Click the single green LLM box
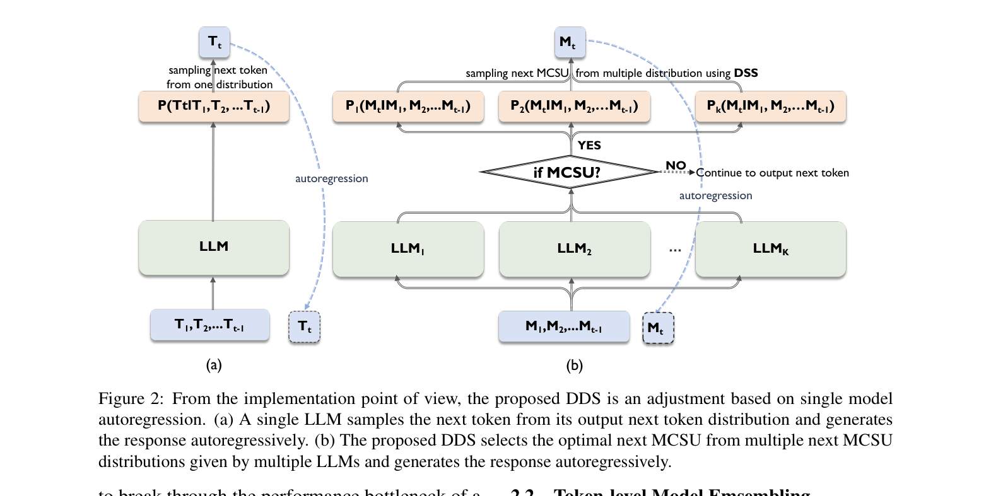(x=214, y=247)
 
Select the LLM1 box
(x=408, y=249)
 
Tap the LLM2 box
(x=574, y=249)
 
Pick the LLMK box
(x=770, y=249)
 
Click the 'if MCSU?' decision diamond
(x=568, y=172)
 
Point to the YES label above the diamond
(x=589, y=145)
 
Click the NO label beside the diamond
(x=676, y=165)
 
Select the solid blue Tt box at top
(x=214, y=42)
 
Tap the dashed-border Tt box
(x=305, y=326)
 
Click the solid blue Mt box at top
(x=570, y=42)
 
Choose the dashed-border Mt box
(x=658, y=328)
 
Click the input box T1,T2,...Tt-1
(x=210, y=325)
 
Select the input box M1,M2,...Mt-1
(x=564, y=326)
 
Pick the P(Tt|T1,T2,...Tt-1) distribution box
(x=214, y=106)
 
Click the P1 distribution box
(x=408, y=106)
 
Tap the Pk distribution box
(x=770, y=106)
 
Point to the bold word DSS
(x=746, y=73)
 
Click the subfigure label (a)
(x=214, y=365)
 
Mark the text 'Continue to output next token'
(x=772, y=173)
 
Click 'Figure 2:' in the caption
(x=131, y=399)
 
